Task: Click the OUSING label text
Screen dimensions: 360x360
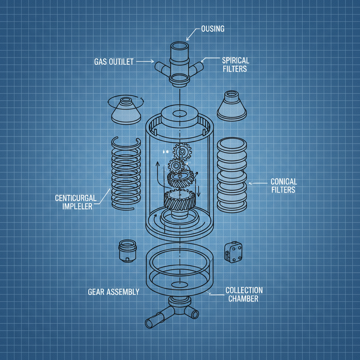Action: coord(212,29)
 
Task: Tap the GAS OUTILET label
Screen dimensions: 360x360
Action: coord(114,62)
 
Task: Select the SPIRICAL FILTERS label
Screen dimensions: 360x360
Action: coord(235,64)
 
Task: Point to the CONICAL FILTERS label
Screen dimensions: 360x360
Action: coord(283,186)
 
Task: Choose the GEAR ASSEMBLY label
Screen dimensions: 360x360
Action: coord(113,292)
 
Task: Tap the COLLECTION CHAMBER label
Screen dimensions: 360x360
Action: coord(244,295)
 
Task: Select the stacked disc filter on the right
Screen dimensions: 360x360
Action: coord(232,174)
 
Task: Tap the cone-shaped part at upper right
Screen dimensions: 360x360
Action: coord(232,106)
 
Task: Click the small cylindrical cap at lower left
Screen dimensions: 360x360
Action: coord(128,250)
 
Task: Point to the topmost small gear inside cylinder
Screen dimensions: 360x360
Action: coord(182,152)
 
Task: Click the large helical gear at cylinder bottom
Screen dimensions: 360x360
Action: coord(179,199)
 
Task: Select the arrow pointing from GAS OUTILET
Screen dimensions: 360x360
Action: coord(145,62)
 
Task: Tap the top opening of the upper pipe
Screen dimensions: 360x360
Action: coord(180,46)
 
